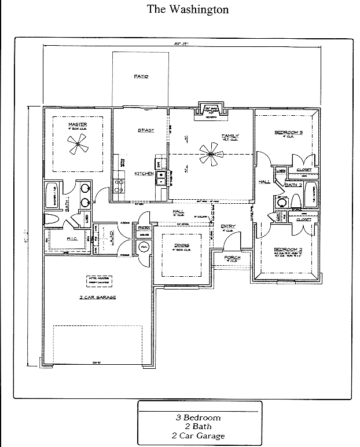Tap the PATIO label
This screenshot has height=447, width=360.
click(x=141, y=76)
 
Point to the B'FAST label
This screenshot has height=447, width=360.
click(x=145, y=131)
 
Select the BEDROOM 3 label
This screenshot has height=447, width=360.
click(x=288, y=133)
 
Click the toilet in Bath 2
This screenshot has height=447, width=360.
click(x=295, y=201)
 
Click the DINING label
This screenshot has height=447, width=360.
click(x=181, y=245)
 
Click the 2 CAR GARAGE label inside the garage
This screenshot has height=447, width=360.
click(x=98, y=297)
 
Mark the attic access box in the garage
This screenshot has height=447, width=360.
click(x=98, y=281)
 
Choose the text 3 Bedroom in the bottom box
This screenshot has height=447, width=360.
click(x=199, y=417)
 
